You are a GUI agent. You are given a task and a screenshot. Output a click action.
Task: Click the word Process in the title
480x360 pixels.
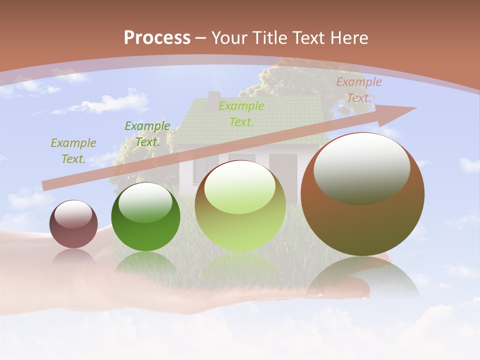pos(157,38)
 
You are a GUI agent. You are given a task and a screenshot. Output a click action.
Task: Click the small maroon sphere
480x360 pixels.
pos(73,232)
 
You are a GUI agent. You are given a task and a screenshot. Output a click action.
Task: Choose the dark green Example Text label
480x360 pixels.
pos(147,134)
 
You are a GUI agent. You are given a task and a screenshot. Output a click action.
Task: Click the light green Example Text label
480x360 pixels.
pos(241,113)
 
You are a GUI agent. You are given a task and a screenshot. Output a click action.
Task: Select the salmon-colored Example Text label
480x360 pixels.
pos(358,90)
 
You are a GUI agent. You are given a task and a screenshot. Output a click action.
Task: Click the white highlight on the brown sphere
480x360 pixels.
pos(362,167)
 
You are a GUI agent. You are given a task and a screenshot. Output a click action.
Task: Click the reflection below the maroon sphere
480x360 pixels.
pos(73,257)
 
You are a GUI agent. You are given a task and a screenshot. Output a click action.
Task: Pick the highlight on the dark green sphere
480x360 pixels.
pos(145,202)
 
